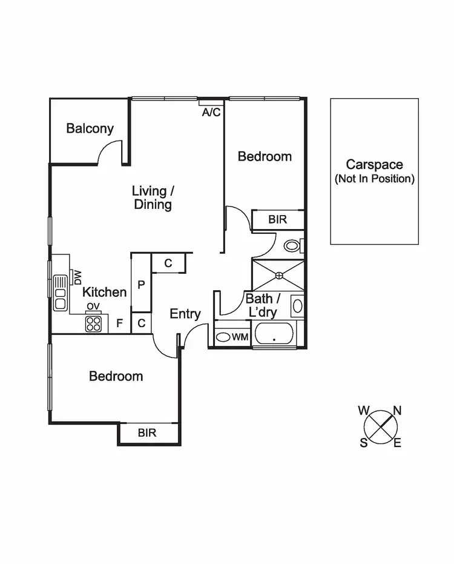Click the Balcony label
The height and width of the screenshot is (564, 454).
click(90, 128)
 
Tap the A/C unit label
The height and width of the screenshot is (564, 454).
click(211, 112)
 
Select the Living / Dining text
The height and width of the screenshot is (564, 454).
click(153, 198)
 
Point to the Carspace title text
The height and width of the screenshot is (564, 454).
click(374, 164)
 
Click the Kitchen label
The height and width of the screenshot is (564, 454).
click(105, 293)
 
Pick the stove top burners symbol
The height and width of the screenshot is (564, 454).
click(93, 323)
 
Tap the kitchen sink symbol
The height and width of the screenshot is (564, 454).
click(61, 293)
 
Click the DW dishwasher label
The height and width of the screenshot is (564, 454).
click(77, 277)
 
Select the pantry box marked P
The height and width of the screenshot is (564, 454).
click(140, 285)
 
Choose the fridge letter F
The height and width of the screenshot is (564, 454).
click(119, 323)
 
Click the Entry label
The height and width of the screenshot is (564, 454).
click(185, 314)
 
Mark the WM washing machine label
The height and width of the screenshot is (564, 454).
click(241, 337)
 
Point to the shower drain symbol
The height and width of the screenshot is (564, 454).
click(278, 276)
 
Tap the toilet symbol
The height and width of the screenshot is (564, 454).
click(293, 245)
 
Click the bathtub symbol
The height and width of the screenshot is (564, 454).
click(274, 334)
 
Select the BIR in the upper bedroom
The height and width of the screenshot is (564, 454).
click(278, 219)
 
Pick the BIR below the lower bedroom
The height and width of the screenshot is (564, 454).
click(147, 433)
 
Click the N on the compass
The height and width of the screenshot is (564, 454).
click(398, 410)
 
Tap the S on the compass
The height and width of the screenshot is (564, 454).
click(364, 443)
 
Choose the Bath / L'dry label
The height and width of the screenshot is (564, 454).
click(263, 305)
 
